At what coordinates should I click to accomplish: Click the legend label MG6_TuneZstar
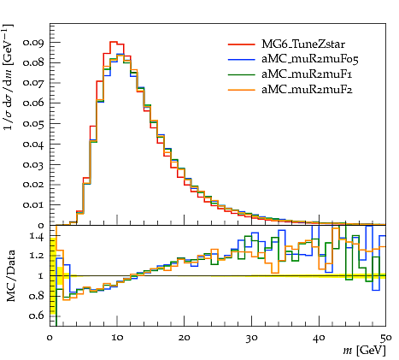click(x=303, y=44)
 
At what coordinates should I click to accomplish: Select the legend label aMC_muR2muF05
click(x=310, y=59)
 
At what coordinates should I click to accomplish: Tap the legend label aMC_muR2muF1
click(x=307, y=74)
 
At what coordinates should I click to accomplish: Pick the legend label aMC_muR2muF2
click(x=307, y=90)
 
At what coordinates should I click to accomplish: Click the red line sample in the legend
click(x=242, y=44)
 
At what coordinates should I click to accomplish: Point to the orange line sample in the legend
click(x=242, y=90)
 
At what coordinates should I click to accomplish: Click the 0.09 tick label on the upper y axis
click(x=33, y=43)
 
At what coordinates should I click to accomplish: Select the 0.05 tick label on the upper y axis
click(x=33, y=124)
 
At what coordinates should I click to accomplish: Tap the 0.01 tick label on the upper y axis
click(x=33, y=205)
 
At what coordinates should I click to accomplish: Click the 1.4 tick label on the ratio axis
click(x=37, y=237)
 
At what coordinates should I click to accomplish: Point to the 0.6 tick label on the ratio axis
click(x=37, y=316)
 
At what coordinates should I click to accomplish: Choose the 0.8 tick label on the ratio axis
click(x=37, y=296)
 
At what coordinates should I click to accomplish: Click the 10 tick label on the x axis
click(x=117, y=338)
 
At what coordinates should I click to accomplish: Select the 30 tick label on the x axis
click(x=251, y=338)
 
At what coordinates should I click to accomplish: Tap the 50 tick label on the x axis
click(x=386, y=338)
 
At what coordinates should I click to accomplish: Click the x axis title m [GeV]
click(x=364, y=351)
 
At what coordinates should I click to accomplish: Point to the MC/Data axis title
click(x=10, y=276)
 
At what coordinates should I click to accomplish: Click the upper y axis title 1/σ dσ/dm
click(x=9, y=77)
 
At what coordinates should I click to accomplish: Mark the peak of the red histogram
click(x=114, y=42)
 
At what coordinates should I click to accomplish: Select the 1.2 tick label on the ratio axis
click(x=37, y=256)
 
